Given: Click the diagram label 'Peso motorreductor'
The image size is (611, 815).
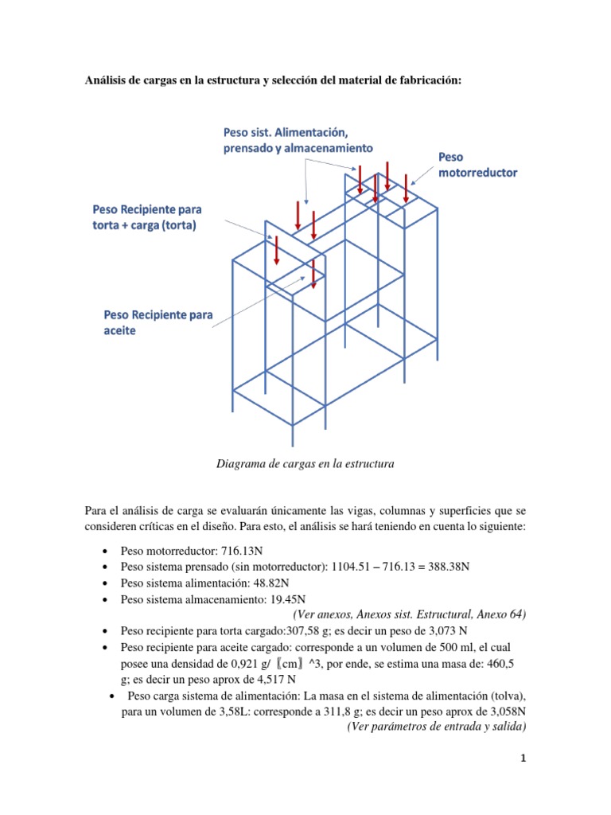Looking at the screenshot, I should tap(477, 165).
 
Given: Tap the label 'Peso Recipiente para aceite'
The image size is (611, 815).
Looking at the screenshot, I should tap(158, 322).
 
